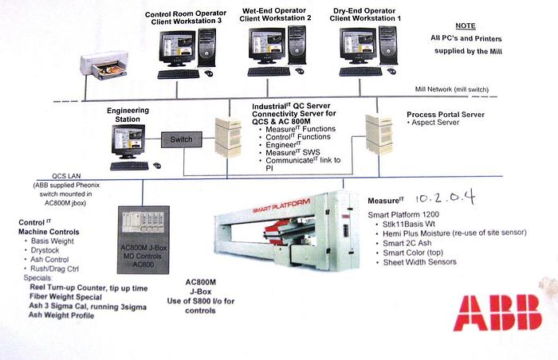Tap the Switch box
point(176,139)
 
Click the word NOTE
point(466,25)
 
